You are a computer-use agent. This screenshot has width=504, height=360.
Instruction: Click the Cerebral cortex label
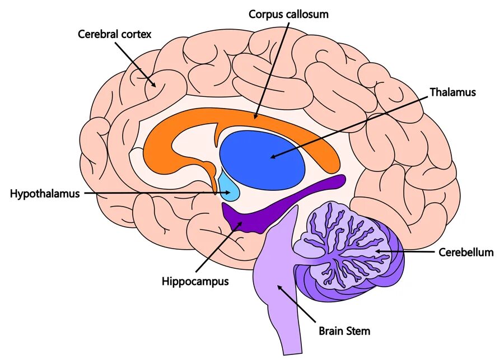point(115,34)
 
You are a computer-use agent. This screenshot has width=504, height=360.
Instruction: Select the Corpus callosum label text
point(288,14)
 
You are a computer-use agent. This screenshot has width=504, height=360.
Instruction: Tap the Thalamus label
point(452,92)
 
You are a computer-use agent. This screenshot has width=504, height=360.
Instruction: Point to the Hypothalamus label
point(45,194)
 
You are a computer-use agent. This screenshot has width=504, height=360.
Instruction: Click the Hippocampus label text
point(195,281)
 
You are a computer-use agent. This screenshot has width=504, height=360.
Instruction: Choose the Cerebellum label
point(466,253)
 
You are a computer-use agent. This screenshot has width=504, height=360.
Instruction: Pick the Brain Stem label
point(344,331)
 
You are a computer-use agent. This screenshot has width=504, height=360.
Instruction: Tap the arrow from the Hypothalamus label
point(157,194)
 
